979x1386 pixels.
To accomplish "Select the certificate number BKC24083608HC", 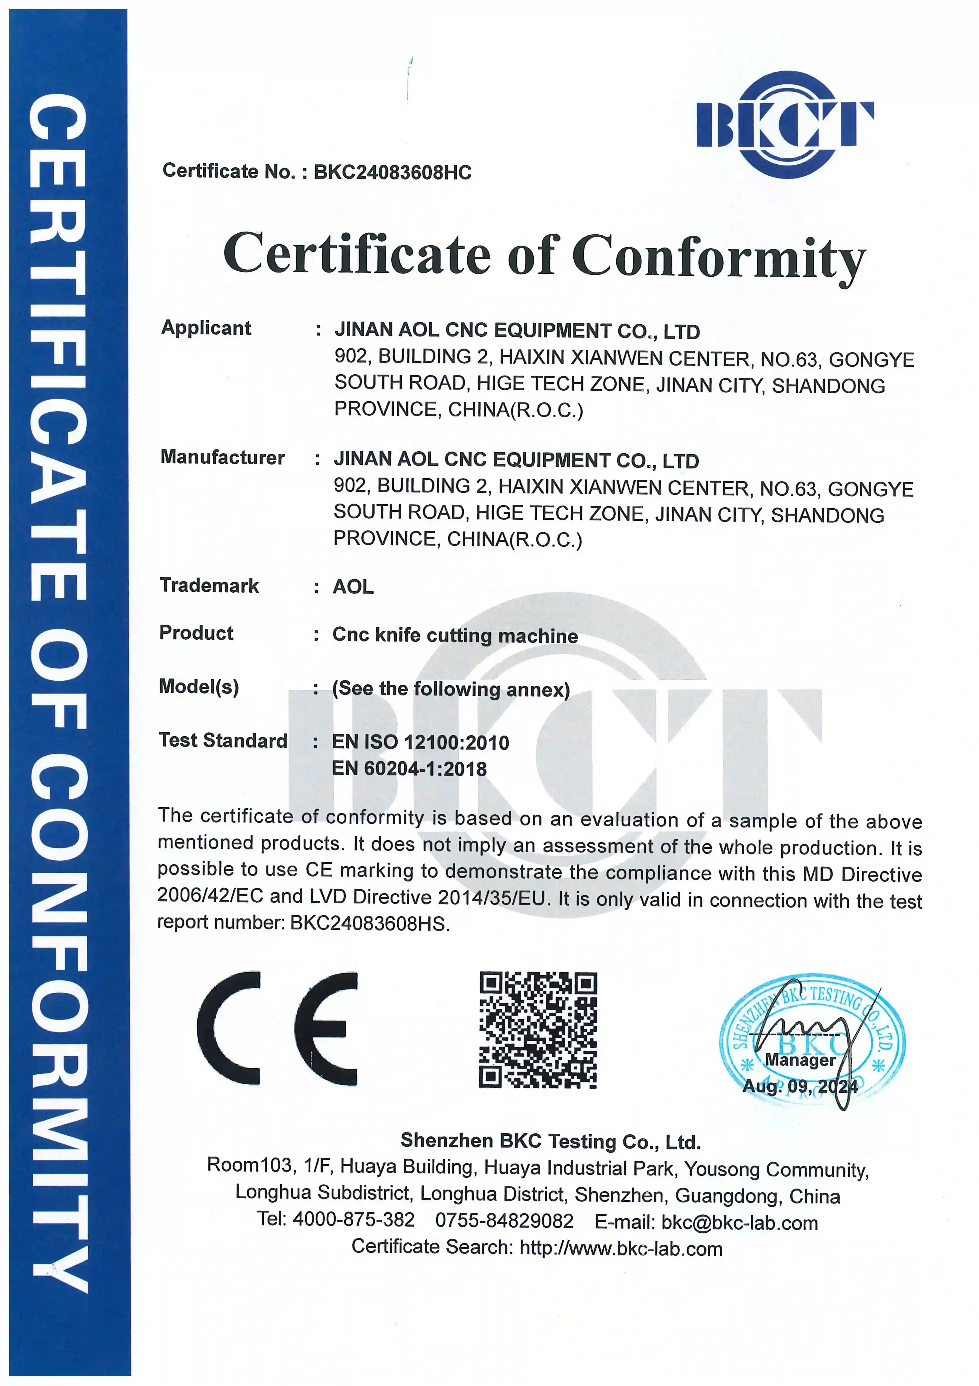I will click(x=392, y=173).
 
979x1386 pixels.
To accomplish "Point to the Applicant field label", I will click(x=206, y=328).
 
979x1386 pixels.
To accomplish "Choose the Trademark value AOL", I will click(x=353, y=587).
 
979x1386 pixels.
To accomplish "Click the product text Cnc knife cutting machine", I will click(x=455, y=636).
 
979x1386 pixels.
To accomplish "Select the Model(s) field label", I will click(x=199, y=687).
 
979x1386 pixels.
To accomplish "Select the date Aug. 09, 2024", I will click(x=800, y=1087).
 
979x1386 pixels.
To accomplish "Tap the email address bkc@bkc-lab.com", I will click(x=740, y=1223).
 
